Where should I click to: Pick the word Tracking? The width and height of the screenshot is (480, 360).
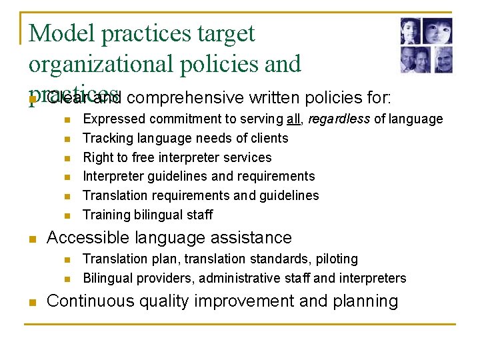106,138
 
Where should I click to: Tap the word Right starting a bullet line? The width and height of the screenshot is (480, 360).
97,157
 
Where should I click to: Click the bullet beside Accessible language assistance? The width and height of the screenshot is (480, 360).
33,239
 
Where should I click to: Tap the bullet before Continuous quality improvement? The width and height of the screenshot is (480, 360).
33,302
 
